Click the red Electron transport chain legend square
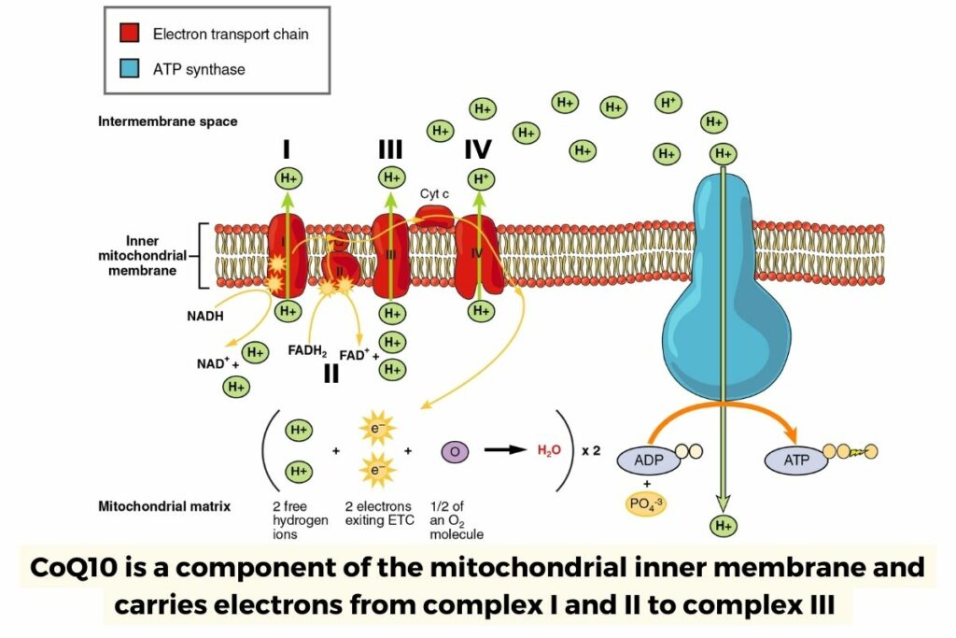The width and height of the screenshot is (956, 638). [x=130, y=34]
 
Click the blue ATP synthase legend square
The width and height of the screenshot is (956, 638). [x=130, y=69]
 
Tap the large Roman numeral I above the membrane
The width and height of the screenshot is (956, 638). [x=288, y=149]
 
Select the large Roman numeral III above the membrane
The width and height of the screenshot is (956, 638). [x=391, y=149]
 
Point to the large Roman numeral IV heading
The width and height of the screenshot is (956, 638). [x=478, y=149]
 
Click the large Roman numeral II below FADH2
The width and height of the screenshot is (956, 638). [x=330, y=374]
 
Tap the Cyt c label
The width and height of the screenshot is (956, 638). [x=435, y=192]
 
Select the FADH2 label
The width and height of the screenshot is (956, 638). [x=307, y=352]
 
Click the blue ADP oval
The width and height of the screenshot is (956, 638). [x=648, y=460]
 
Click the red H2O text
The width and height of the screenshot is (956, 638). [x=549, y=450]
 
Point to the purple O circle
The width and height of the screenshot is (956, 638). [x=454, y=451]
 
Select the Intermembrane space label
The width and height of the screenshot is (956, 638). [x=167, y=121]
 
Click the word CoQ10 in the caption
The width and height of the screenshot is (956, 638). [x=75, y=567]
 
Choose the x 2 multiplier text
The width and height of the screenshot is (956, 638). [x=591, y=450]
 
